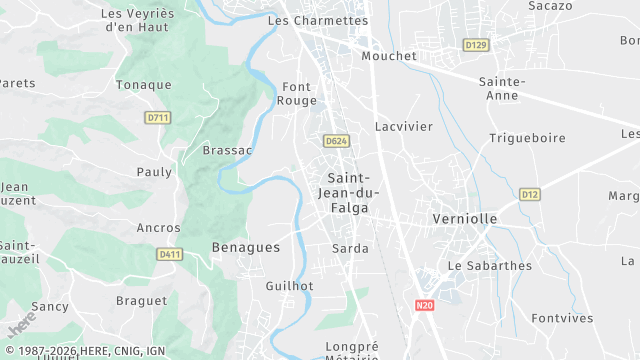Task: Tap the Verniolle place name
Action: pos(465,218)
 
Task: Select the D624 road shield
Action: pos(336,142)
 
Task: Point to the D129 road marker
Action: pos(476,45)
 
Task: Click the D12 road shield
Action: pos(530,194)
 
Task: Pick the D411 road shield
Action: pos(169,255)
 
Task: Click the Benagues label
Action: pos(246,246)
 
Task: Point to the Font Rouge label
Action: pos(299,93)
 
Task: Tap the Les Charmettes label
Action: pos(318,20)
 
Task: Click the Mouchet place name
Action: pos(389,56)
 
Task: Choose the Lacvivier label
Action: pos(404,127)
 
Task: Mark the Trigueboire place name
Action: pos(527,138)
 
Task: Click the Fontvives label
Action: pos(562,318)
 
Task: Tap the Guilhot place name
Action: pos(289,286)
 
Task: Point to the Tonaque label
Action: pos(144,85)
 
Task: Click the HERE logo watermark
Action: pos(20,324)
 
